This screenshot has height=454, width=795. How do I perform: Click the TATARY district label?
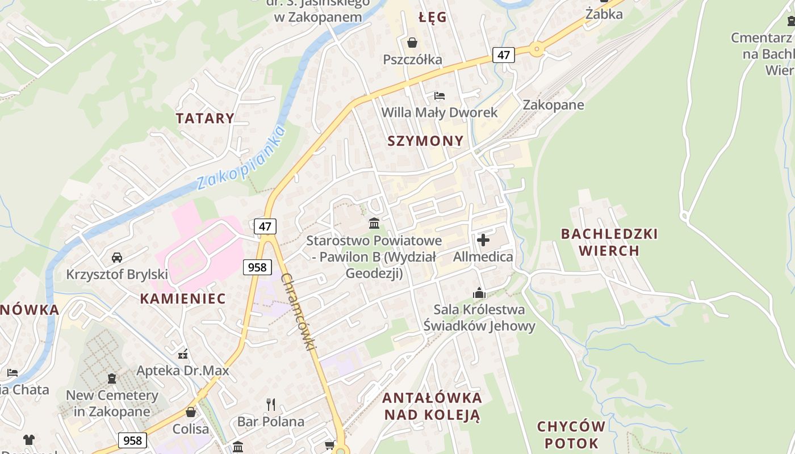pos(204,119)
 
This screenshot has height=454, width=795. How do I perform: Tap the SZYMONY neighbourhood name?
pos(425,141)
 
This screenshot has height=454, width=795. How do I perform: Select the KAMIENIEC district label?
pos(183,299)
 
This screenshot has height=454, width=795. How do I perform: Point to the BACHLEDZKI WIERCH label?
pos(609,242)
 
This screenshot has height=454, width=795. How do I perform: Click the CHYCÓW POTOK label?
pos(571,435)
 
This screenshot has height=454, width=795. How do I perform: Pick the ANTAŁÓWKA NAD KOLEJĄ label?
pos(432,406)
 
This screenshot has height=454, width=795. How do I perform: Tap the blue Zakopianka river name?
pos(241,159)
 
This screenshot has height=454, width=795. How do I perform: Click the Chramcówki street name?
pos(298,312)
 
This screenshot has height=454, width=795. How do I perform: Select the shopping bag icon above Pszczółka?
pos(412,43)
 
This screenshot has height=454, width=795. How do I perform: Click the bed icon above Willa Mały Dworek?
pos(440,95)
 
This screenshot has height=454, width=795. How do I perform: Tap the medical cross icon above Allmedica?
pos(483,240)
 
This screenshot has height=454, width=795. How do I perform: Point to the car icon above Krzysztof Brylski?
pos(117,258)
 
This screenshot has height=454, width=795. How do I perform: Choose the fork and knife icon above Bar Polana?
pos(271,405)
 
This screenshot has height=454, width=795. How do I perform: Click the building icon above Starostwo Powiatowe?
pos(374,224)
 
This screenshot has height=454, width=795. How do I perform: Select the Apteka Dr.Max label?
pos(183,371)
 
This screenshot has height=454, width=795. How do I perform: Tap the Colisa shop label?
pos(191,428)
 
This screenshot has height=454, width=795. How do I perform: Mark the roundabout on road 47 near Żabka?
pos(536,50)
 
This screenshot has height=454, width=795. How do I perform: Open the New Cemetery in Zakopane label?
pos(112,403)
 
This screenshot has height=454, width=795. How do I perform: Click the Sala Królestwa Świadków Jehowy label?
pos(479,318)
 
